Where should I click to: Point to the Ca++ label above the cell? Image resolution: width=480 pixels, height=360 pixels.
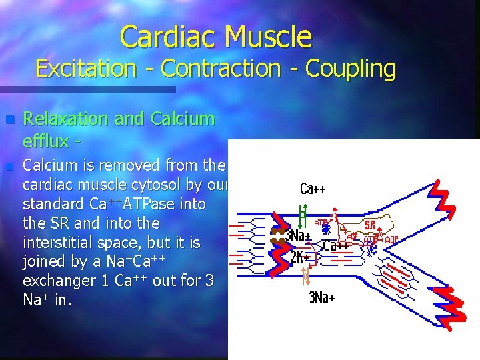(x=313, y=189)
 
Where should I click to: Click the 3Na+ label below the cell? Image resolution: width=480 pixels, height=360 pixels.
(x=321, y=297)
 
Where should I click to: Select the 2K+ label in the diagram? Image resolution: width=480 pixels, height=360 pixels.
(x=299, y=257)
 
